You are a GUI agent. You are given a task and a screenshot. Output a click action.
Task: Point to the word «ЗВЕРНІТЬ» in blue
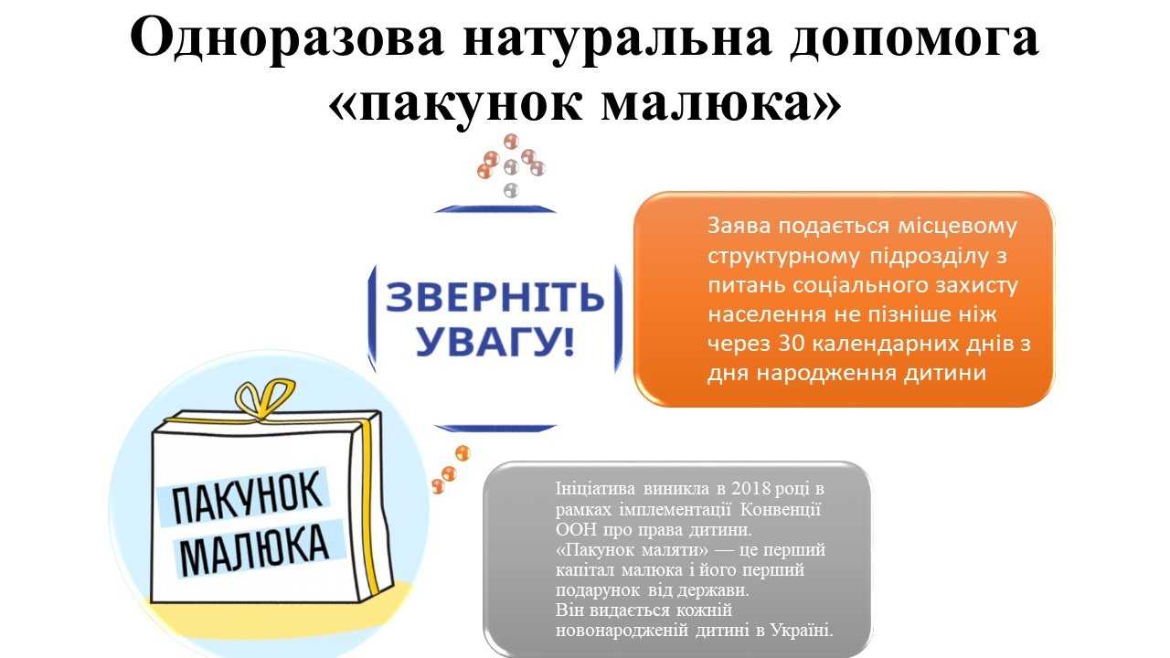[495, 297]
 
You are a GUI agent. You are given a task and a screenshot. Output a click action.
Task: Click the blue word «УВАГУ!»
[495, 342]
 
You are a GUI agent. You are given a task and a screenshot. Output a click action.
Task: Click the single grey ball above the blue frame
[511, 190]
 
